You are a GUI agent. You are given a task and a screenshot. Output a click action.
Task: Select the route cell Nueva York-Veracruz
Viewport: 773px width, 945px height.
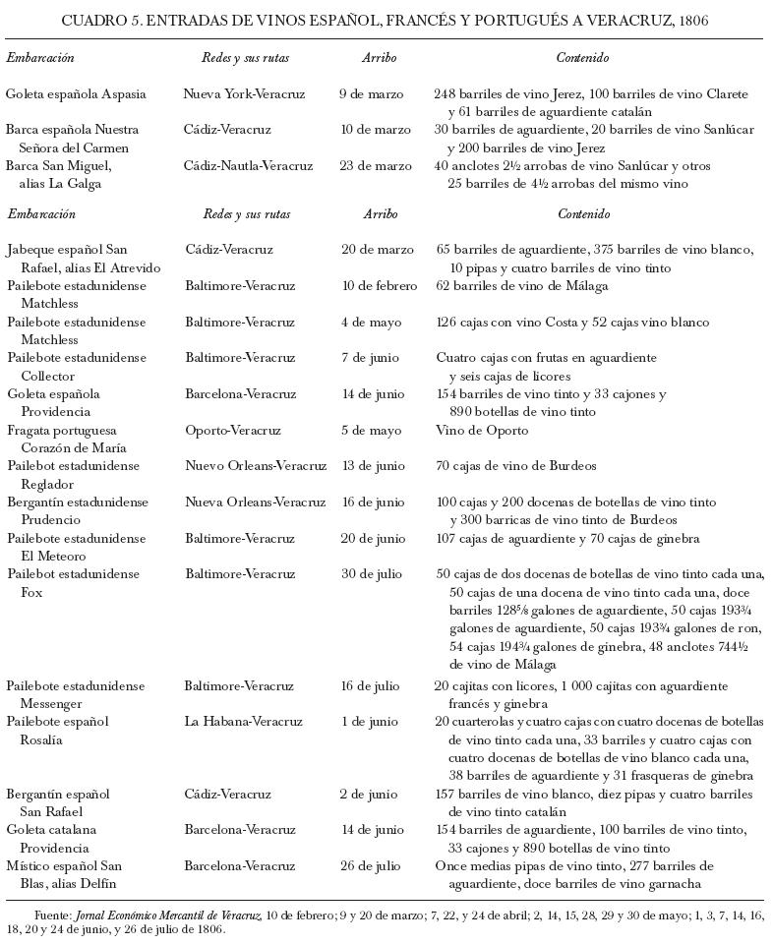244,94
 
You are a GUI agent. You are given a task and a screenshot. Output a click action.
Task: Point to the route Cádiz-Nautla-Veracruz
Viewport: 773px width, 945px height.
249,165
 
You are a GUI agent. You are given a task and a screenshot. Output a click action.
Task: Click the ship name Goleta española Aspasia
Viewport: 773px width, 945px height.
76,94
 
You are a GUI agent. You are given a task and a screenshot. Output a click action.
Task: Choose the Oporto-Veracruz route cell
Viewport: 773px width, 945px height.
233,431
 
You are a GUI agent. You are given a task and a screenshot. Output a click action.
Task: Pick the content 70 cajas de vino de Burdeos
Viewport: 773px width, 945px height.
516,466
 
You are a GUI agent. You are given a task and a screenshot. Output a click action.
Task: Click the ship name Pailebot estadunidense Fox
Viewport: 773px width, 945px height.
74,583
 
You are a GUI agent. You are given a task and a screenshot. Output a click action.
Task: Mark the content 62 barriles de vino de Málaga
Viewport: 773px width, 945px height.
521,286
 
